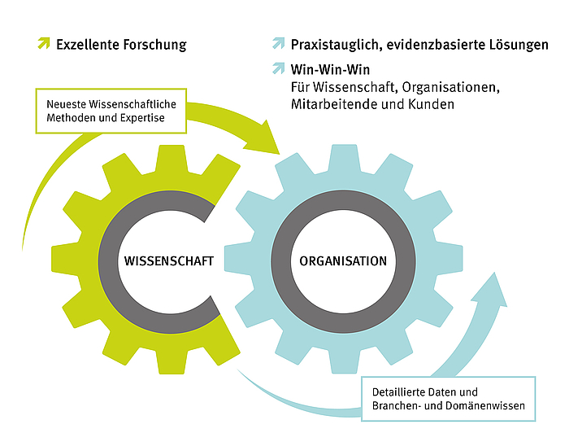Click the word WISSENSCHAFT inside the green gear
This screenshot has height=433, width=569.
[x=169, y=261]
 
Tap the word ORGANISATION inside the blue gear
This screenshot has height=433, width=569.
[x=343, y=261]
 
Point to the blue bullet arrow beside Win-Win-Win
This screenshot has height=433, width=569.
[x=279, y=69]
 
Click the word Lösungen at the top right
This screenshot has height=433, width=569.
[x=520, y=45]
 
